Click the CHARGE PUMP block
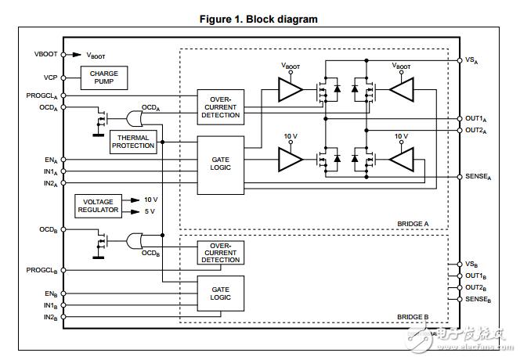click(x=103, y=77)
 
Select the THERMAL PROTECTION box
click(x=133, y=141)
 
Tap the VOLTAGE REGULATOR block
click(x=98, y=206)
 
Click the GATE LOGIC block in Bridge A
click(x=220, y=164)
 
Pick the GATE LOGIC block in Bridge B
click(x=220, y=293)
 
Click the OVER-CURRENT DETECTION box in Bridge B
click(x=220, y=252)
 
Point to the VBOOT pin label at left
click(x=45, y=55)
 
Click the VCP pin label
click(x=49, y=77)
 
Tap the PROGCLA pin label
click(x=41, y=96)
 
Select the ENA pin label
click(x=50, y=160)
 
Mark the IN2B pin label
click(x=49, y=317)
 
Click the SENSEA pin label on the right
click(x=477, y=177)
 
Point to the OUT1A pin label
click(x=475, y=119)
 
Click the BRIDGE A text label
click(x=412, y=225)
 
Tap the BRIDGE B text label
click(x=412, y=316)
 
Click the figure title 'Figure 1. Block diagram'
click(x=259, y=19)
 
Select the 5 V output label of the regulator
click(x=150, y=211)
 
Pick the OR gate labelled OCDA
click(x=135, y=118)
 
